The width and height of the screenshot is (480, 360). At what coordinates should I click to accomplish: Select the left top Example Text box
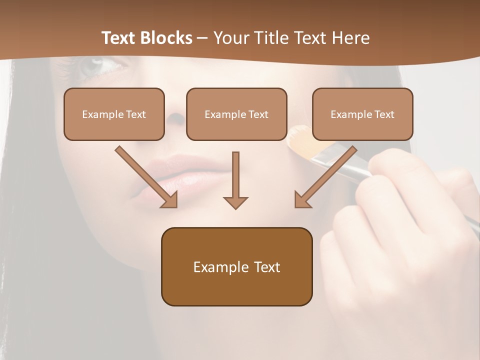[x=114, y=114]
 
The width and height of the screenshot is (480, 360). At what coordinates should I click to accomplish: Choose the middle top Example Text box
[x=236, y=114]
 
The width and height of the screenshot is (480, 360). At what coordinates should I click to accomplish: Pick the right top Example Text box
[x=362, y=114]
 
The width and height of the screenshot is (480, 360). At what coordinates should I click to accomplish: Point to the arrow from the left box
[x=146, y=177]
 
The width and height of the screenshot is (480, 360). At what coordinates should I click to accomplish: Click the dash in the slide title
[x=202, y=38]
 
